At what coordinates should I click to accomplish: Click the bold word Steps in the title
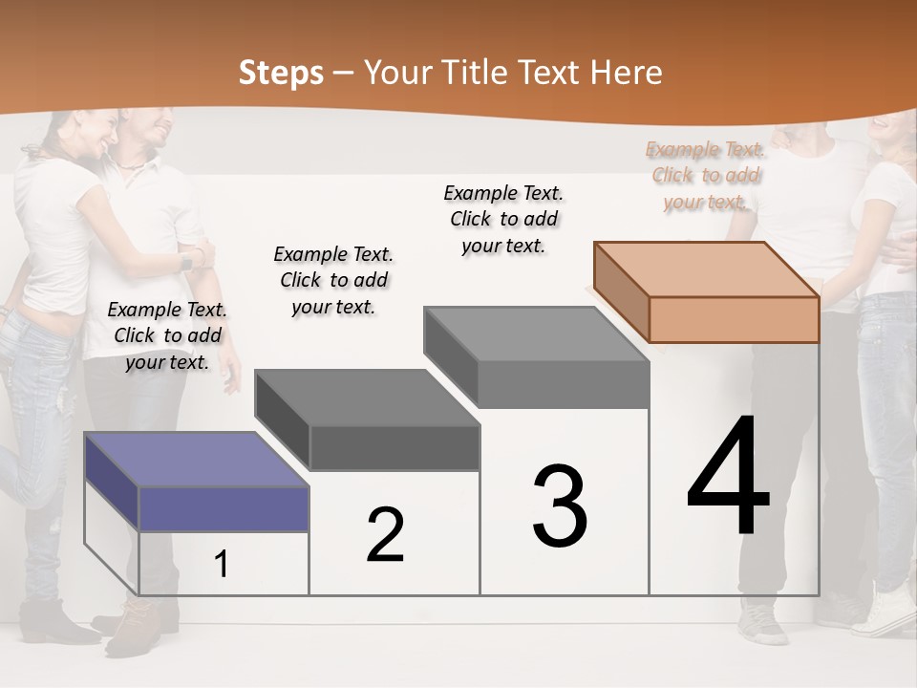tap(281, 73)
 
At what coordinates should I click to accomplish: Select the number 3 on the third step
tap(559, 505)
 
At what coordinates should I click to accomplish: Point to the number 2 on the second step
tap(385, 534)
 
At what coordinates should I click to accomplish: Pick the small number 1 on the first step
tap(222, 565)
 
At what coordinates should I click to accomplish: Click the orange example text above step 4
tap(705, 175)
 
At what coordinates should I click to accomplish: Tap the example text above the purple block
tap(168, 335)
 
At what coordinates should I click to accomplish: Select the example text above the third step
tap(503, 219)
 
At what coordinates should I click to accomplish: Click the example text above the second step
tap(333, 280)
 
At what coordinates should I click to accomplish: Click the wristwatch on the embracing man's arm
tap(186, 260)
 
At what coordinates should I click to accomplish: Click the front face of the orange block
tap(734, 319)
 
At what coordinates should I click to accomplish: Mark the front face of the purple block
tap(224, 508)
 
